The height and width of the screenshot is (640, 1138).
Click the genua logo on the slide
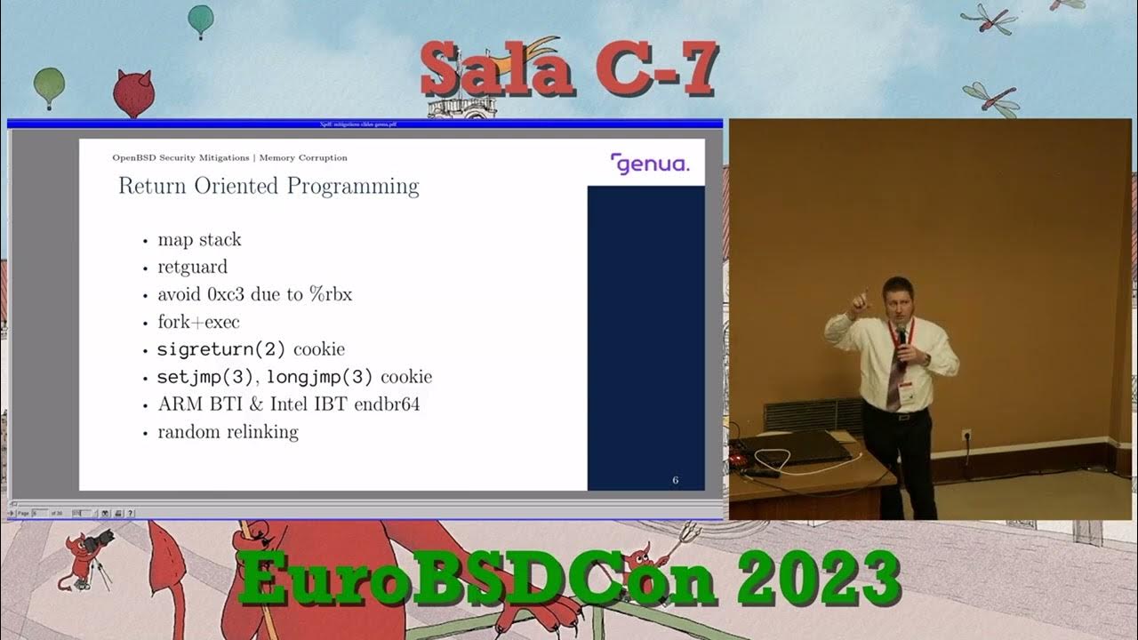(x=650, y=164)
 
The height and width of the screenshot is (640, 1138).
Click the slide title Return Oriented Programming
(x=268, y=187)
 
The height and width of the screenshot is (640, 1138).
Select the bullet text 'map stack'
(x=199, y=240)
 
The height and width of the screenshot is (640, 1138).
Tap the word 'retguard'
(x=192, y=267)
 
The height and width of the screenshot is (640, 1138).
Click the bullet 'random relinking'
(x=228, y=432)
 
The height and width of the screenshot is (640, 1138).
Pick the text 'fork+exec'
(x=198, y=322)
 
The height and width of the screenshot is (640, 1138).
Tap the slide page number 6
(x=676, y=481)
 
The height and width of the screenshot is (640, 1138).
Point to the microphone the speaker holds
(x=901, y=339)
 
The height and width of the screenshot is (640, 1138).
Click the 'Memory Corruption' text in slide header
(x=303, y=158)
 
